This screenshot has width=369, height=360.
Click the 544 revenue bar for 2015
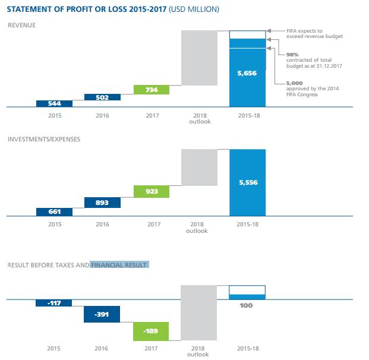point(54,103)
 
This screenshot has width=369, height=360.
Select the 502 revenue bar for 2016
point(102,97)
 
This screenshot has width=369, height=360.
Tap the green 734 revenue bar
point(152,90)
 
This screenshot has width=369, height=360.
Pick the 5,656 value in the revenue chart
point(247,74)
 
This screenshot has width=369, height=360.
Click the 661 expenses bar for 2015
point(54,211)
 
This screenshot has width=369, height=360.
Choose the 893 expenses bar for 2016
point(102,203)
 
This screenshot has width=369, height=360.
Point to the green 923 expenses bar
point(152,191)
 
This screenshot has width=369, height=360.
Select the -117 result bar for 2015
point(54,303)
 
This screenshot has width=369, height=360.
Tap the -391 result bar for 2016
point(102,314)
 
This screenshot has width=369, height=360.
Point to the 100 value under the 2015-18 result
point(247,305)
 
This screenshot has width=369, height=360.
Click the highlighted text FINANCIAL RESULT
point(119,264)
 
